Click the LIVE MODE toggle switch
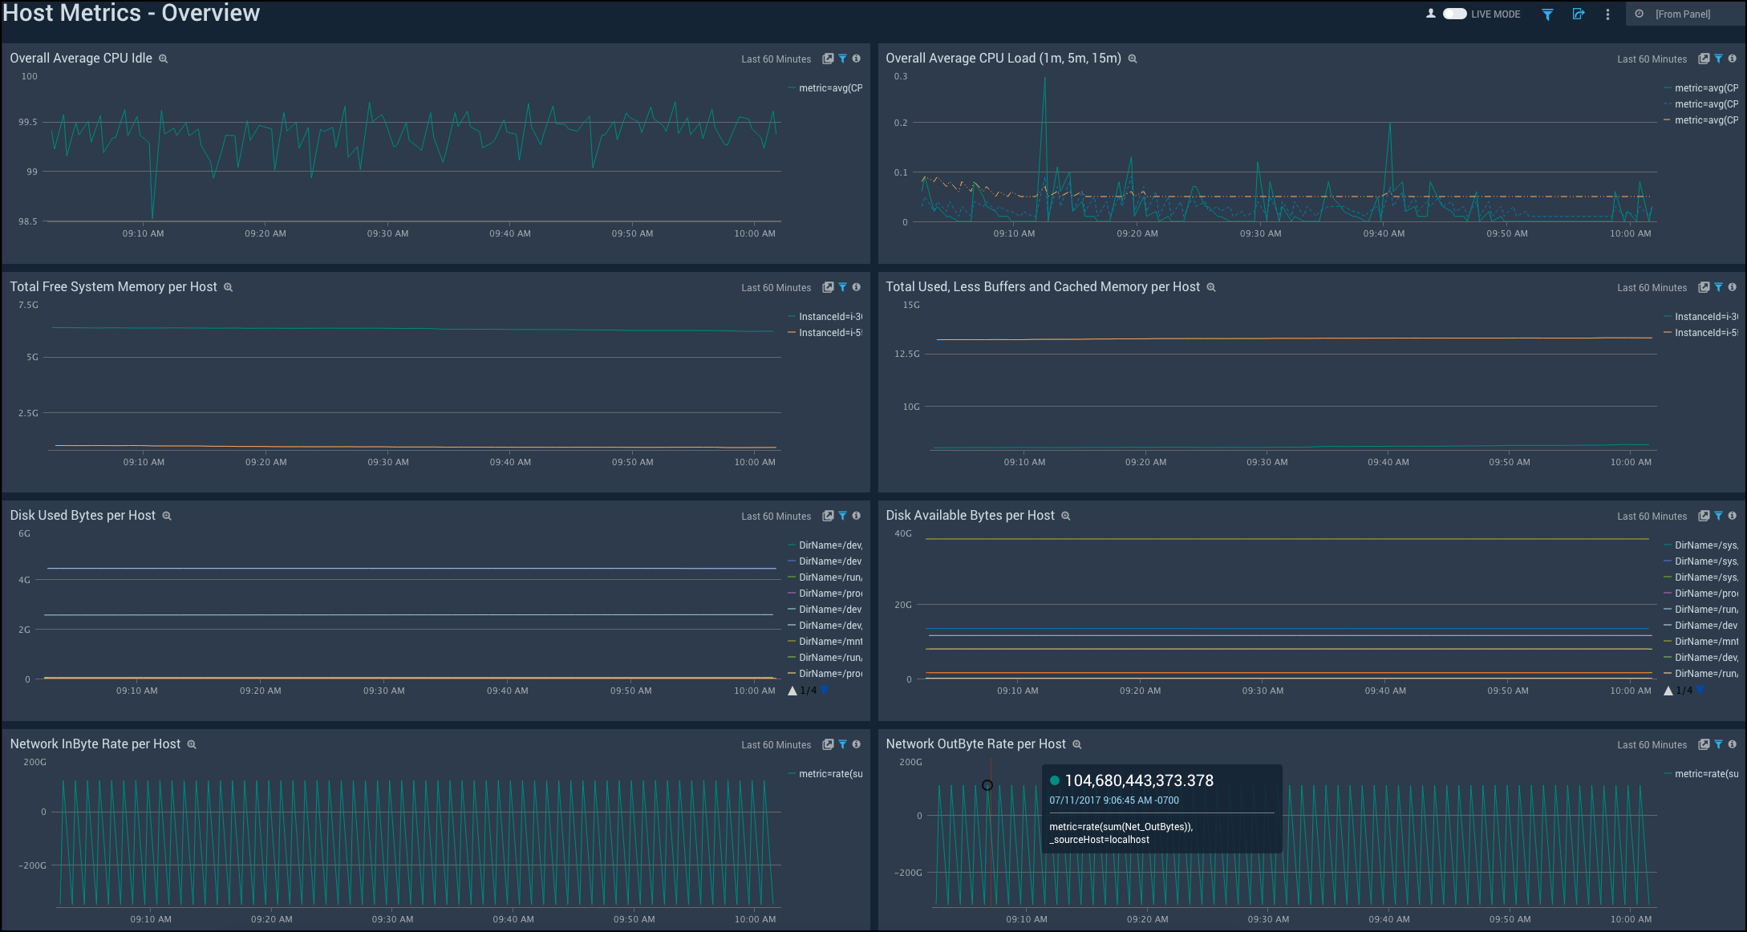tap(1454, 14)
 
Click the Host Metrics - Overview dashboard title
tap(132, 14)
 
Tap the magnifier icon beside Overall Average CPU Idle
tap(163, 59)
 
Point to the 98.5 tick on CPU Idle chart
tap(28, 221)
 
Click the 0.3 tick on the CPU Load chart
tap(901, 77)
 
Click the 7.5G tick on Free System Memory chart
tap(28, 306)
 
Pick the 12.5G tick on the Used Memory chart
tap(907, 354)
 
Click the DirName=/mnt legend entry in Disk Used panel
tap(829, 642)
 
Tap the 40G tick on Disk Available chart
tap(903, 534)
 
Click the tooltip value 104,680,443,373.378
tap(1138, 780)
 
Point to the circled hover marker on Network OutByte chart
tap(987, 785)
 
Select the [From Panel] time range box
tap(1682, 14)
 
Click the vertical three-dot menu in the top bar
tap(1607, 14)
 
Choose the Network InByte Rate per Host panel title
tap(95, 744)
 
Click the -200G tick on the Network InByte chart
tap(33, 866)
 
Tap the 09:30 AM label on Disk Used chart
tap(383, 691)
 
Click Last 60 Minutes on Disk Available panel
tap(1652, 517)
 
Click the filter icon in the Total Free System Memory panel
tap(842, 287)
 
